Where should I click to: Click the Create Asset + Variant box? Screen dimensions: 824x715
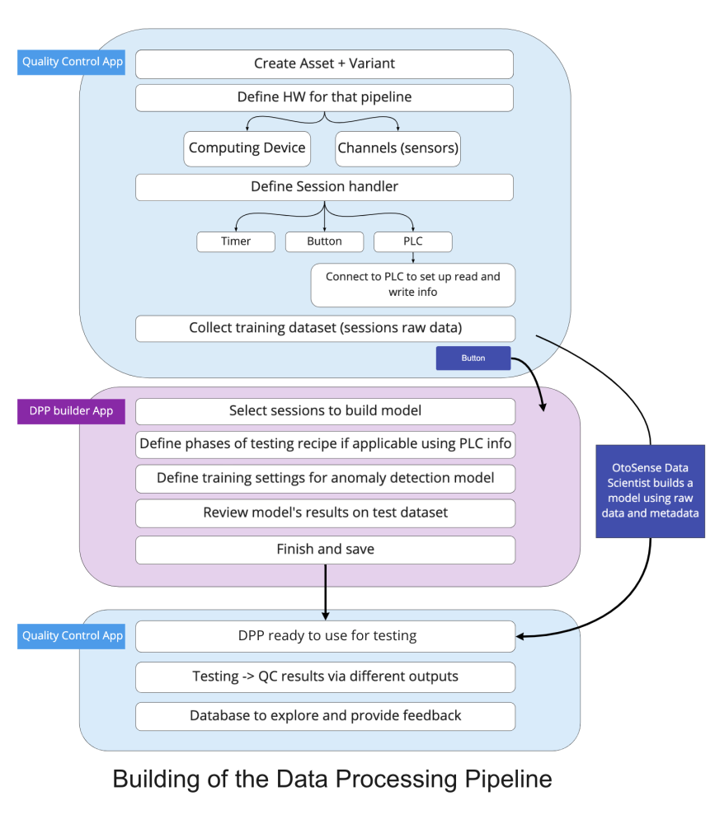click(x=324, y=63)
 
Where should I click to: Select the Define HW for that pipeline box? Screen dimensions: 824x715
click(x=324, y=97)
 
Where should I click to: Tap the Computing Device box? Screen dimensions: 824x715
click(x=247, y=148)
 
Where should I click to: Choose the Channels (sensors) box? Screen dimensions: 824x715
click(x=398, y=148)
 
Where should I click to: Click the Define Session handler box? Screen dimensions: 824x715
click(x=324, y=187)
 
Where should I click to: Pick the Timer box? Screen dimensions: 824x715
click(x=236, y=241)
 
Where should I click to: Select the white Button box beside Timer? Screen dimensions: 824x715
click(x=324, y=241)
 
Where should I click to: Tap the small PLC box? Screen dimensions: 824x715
click(x=413, y=241)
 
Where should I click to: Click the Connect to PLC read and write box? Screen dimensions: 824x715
click(x=412, y=285)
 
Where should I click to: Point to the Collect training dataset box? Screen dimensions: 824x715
click(x=325, y=328)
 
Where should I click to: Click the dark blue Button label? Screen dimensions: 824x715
click(x=473, y=358)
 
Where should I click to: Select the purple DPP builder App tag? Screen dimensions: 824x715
click(x=71, y=411)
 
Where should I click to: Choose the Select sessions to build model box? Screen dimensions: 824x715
click(x=325, y=411)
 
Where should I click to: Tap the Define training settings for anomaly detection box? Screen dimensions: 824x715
click(x=325, y=478)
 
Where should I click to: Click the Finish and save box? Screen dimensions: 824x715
click(x=325, y=550)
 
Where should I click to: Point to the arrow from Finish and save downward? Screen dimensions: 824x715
click(x=325, y=592)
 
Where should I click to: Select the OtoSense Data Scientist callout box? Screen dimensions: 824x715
click(x=651, y=490)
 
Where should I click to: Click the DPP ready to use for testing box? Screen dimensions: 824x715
click(x=325, y=636)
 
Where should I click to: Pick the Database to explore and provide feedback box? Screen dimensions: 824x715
click(x=325, y=716)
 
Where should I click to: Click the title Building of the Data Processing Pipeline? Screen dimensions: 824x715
click(x=332, y=779)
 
